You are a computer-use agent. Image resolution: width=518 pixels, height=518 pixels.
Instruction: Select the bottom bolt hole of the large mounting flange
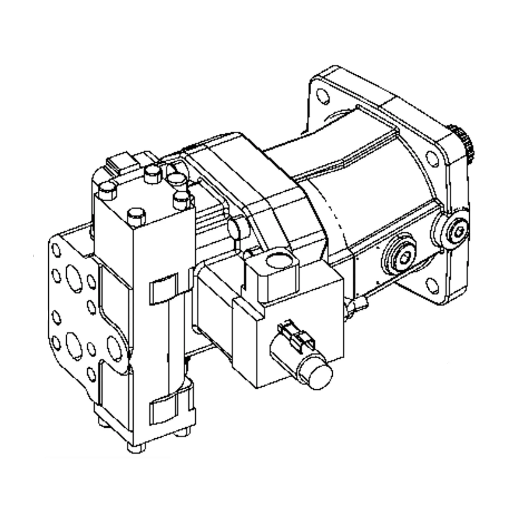[432, 286]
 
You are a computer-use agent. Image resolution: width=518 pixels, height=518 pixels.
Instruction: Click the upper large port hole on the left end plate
[74, 278]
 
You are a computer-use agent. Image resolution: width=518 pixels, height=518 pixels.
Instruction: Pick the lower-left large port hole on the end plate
[74, 346]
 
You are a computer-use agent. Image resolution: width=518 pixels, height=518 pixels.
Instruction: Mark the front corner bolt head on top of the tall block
[137, 216]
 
